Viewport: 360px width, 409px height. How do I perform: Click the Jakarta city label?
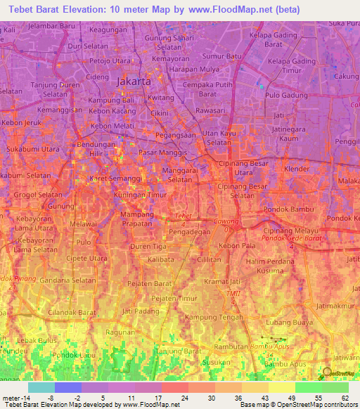pos(134,82)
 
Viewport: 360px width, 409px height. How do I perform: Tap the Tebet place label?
pos(182,216)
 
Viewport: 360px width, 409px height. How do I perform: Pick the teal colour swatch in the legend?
pos(41,387)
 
